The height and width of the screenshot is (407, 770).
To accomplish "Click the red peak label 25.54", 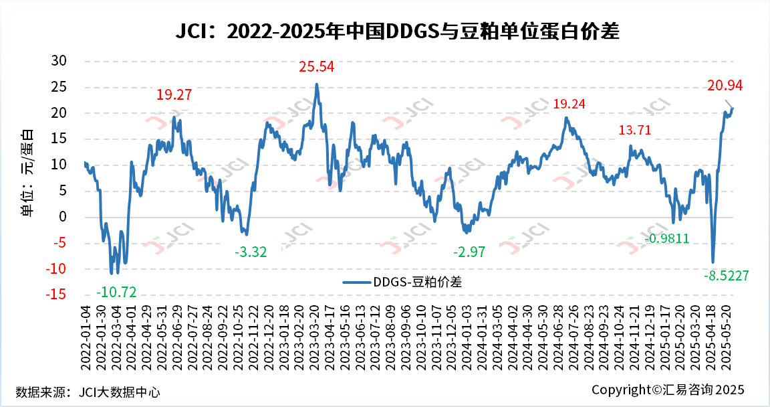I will coord(316,67).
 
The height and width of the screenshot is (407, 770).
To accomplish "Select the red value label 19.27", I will coord(174,95).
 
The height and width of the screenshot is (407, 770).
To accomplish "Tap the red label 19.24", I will coord(570,104).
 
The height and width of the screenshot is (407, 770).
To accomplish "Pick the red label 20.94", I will coord(725,85).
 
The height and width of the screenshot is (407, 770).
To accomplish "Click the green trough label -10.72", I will coord(116,293).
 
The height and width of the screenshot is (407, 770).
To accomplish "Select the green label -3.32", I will coord(251,252).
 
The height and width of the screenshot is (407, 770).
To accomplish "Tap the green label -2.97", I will coord(469,252).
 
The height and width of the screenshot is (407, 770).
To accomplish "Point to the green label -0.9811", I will coord(666,239).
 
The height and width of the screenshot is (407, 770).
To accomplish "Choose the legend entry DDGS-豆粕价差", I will coord(402,282).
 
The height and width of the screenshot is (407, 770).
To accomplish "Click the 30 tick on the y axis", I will coord(59,60).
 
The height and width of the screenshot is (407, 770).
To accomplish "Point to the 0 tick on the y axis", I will coord(63,217).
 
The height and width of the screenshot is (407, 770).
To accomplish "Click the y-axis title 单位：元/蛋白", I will coord(27,171).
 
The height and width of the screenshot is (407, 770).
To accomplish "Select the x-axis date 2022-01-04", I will coord(86,334).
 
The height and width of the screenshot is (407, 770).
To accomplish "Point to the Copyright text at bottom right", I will coord(667,390).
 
